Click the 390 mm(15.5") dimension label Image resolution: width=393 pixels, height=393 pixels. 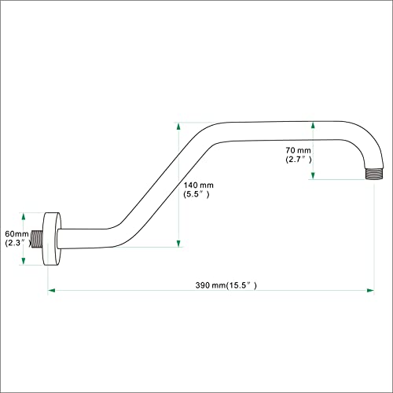point(226,285)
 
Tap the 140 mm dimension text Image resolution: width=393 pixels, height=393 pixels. point(198,185)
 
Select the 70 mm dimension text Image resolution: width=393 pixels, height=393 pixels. point(298,150)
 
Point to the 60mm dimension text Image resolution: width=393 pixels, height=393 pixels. point(17,233)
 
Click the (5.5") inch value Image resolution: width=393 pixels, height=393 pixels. point(196,194)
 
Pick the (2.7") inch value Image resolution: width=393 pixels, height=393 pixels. point(299,160)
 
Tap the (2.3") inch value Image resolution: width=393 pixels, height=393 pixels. point(17,243)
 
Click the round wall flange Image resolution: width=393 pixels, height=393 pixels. point(52,239)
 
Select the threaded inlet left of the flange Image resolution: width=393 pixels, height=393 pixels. point(37,239)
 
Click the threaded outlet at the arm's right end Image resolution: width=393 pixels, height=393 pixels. point(374,174)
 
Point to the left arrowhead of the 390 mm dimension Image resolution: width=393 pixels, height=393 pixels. point(52,290)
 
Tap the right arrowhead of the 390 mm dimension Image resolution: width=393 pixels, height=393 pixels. point(370,290)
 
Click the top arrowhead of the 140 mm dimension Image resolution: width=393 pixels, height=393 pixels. point(178,127)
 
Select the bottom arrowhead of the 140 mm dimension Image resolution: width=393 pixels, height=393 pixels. point(178,243)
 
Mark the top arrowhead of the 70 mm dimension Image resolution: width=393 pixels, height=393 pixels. point(313,125)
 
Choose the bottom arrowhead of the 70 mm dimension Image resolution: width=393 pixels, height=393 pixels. point(313,175)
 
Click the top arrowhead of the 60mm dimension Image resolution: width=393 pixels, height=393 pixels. point(24,217)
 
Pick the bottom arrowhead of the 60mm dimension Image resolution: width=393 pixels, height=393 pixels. point(24,261)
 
